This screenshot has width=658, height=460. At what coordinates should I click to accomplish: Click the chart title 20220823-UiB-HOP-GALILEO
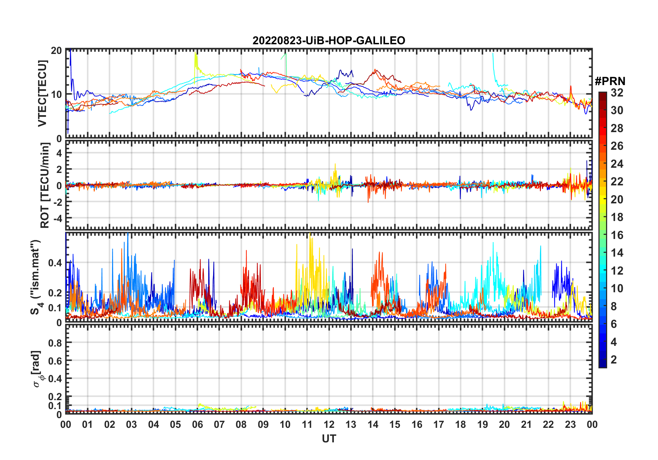tap(329, 41)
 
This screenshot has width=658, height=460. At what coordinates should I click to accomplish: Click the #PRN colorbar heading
tap(610, 81)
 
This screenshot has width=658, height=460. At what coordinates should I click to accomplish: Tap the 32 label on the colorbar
tap(617, 93)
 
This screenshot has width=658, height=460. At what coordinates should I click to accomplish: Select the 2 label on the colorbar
tap(614, 360)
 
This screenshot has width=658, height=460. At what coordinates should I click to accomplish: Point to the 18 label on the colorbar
tap(617, 217)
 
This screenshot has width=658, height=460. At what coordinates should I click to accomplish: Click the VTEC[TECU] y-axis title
tap(42, 93)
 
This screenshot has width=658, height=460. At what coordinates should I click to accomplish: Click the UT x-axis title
tap(329, 439)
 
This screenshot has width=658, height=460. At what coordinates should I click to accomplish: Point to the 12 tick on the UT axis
tap(329, 424)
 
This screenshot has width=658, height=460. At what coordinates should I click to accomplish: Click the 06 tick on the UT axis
tap(197, 424)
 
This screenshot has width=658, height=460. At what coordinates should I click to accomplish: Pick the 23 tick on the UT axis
tap(570, 424)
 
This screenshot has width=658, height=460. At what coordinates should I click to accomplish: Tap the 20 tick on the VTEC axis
tap(56, 50)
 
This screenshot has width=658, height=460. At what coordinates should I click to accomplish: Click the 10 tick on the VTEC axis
tap(56, 94)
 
